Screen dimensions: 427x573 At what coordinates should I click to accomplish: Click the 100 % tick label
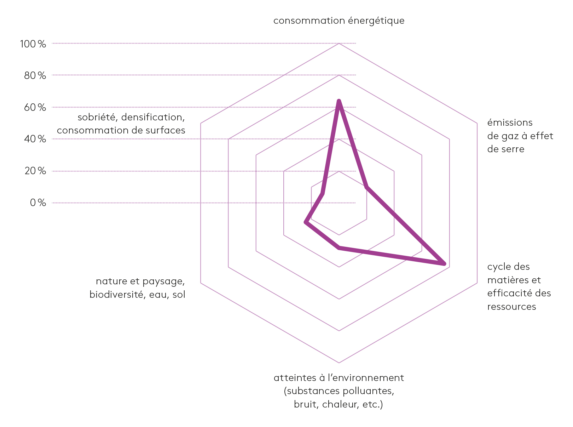click(33, 44)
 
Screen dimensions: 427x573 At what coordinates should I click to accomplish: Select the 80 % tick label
click(35, 75)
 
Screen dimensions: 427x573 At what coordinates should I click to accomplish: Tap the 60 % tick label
click(35, 107)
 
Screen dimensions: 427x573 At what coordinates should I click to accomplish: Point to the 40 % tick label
click(35, 139)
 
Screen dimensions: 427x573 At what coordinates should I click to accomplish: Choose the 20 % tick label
click(35, 171)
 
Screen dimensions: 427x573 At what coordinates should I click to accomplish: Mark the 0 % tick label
click(38, 203)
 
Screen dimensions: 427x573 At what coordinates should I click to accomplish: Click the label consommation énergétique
click(339, 21)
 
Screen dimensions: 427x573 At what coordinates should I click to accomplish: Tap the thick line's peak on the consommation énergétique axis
click(339, 101)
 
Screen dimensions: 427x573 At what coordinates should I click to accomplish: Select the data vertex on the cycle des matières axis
click(444, 264)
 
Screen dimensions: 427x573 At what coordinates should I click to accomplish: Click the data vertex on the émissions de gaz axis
click(367, 187)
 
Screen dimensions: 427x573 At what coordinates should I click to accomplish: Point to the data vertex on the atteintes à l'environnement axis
click(339, 247)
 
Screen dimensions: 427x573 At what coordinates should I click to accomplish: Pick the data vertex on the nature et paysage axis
click(306, 222)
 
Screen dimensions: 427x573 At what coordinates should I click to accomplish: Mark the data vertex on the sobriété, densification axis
click(322, 193)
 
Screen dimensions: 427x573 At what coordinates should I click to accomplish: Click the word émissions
click(510, 123)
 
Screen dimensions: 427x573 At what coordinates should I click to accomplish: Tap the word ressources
click(511, 307)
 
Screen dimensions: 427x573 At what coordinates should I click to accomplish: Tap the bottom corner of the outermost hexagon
click(339, 363)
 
